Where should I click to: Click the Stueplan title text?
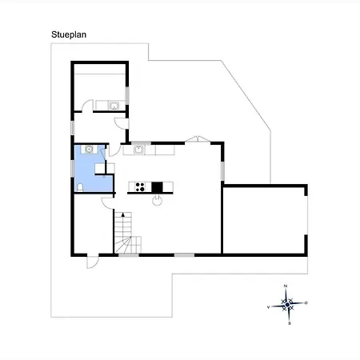(69, 34)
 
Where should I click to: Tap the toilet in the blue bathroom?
(80, 187)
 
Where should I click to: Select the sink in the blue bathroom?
(89, 150)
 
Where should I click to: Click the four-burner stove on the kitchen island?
(140, 187)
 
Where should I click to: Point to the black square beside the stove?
(157, 187)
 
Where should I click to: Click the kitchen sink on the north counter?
(138, 150)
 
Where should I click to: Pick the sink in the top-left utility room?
(114, 106)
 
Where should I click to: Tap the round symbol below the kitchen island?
(157, 200)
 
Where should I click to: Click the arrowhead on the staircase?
(123, 214)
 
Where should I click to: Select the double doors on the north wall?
(198, 139)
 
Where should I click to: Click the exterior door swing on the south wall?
(93, 262)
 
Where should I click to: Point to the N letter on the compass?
(286, 286)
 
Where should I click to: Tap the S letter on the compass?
(290, 323)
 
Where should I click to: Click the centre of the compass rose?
(287, 305)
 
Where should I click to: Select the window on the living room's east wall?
(222, 171)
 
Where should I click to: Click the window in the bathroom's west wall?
(72, 168)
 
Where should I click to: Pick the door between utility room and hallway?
(87, 106)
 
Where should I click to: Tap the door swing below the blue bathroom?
(108, 203)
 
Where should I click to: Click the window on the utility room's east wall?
(127, 95)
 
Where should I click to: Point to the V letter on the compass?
(268, 307)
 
